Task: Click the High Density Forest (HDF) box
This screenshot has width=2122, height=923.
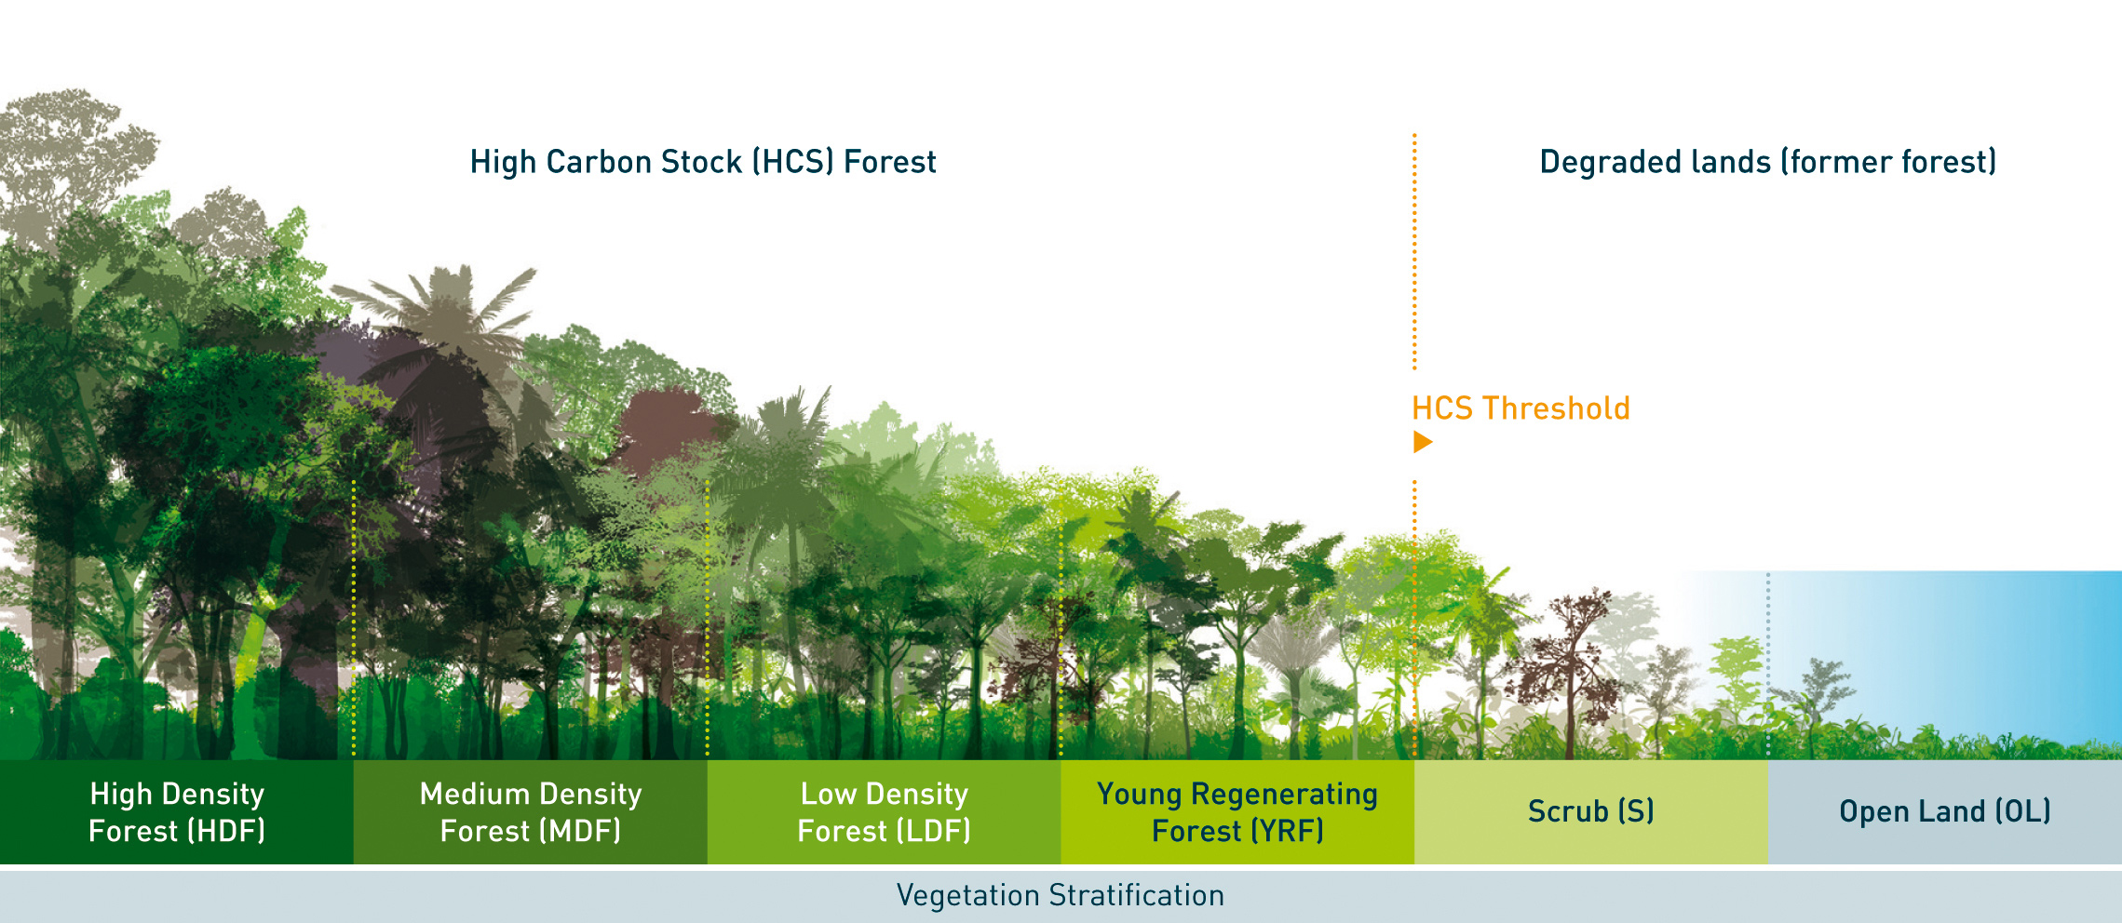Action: click(x=177, y=812)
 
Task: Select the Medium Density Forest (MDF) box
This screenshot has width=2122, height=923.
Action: click(x=531, y=812)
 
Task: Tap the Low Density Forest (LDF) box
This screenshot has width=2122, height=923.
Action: click(x=884, y=812)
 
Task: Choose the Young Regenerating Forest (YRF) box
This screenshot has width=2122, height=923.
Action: click(x=1237, y=812)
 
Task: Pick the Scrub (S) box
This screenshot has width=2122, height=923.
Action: click(x=1591, y=812)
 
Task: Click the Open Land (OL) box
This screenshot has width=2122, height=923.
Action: click(x=1945, y=812)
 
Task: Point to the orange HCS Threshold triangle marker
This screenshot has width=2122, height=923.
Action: click(x=1422, y=442)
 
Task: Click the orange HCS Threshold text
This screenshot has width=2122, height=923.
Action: click(x=1521, y=408)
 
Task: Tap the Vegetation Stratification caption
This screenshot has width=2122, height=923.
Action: click(x=1061, y=895)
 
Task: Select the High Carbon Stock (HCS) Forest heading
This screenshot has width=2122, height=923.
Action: click(x=703, y=162)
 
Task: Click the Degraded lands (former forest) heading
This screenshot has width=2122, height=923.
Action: click(x=1768, y=162)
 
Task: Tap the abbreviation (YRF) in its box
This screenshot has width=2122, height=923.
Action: click(x=1286, y=830)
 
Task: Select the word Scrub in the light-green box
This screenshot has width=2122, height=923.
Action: click(x=1568, y=811)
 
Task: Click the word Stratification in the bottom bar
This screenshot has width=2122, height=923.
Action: click(x=1137, y=895)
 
